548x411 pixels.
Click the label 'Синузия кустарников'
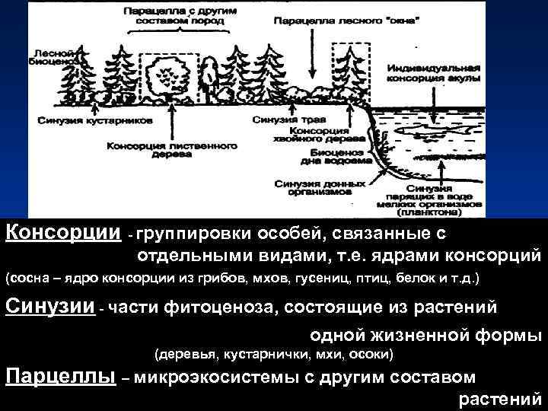point(93,120)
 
